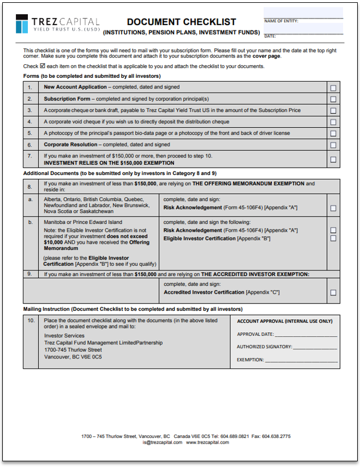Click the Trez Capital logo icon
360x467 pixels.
point(22,24)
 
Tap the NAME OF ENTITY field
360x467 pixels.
point(303,13)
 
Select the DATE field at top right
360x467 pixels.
point(303,29)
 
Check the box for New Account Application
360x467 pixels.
point(333,87)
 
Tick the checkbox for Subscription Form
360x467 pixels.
point(333,99)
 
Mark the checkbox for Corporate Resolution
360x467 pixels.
point(333,145)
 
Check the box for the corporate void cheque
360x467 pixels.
point(333,122)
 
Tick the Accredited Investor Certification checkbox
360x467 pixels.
point(333,293)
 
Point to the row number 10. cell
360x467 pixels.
point(31,321)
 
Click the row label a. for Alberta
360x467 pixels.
point(30,200)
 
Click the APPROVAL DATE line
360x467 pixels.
point(307,335)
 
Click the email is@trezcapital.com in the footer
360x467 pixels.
point(162,442)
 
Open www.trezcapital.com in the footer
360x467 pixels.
point(207,442)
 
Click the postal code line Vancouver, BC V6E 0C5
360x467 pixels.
point(73,357)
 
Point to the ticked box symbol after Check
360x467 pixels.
point(43,66)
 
